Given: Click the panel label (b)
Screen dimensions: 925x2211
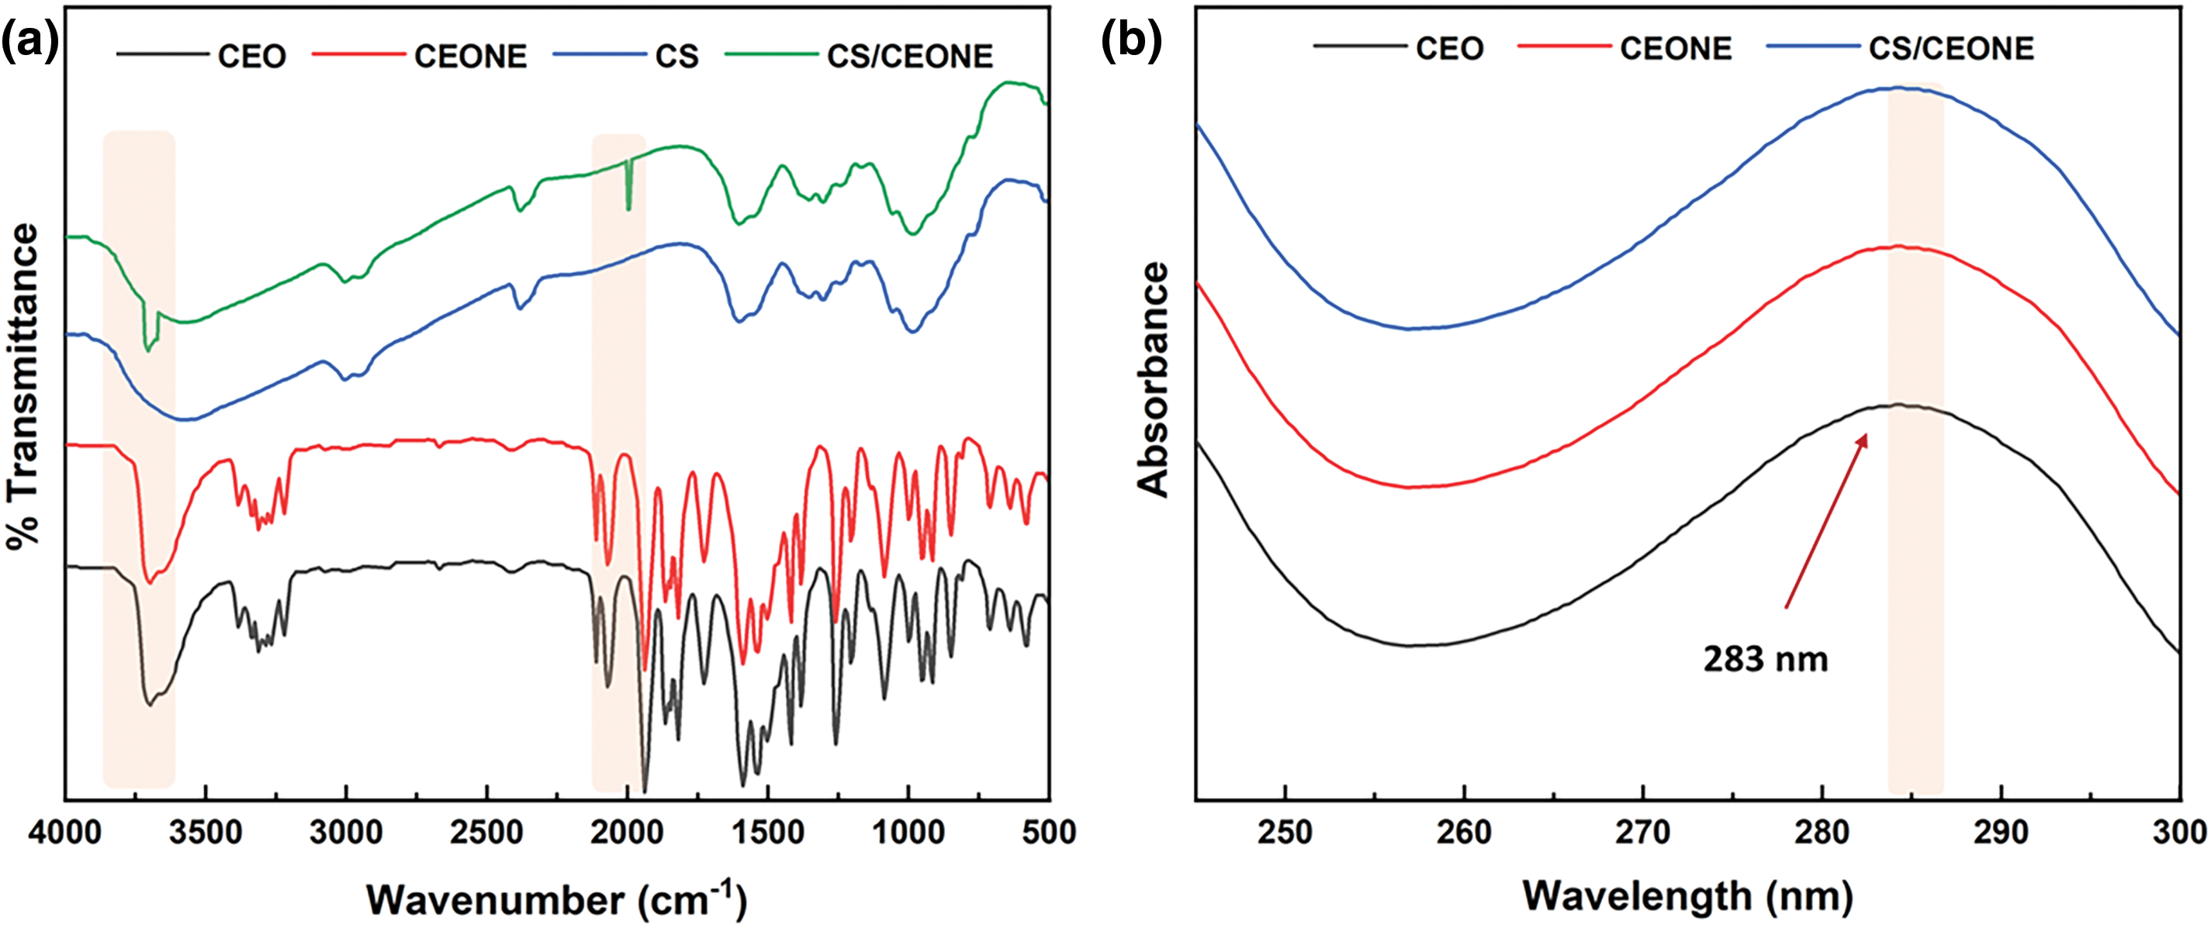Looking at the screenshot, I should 1130,40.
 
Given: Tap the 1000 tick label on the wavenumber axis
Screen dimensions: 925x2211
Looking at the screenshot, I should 908,831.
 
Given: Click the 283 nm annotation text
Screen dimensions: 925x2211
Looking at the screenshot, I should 1766,659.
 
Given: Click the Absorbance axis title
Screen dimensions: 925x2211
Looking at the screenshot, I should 1153,379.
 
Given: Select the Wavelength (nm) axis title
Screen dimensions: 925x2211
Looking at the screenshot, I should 1687,896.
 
